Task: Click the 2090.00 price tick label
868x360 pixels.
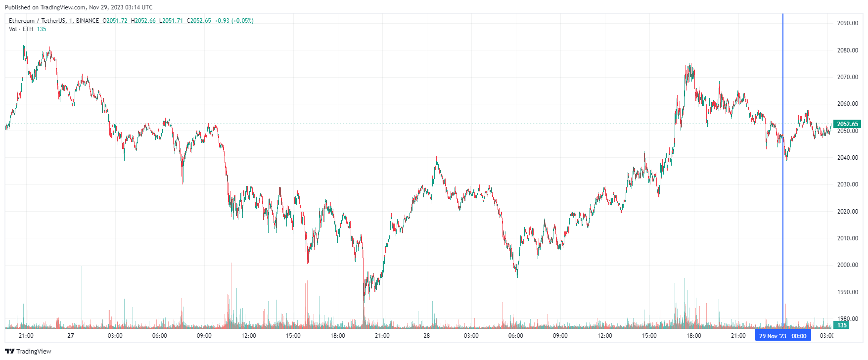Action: [847, 23]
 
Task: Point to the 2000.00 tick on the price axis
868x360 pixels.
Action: [847, 265]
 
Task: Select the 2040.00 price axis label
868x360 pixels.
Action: [847, 158]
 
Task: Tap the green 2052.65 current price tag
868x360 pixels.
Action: [847, 124]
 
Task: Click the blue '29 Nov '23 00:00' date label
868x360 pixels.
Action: [782, 336]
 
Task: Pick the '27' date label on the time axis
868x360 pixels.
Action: [71, 336]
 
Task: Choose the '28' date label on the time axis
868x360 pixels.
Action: [426, 336]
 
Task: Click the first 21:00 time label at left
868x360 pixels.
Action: [26, 336]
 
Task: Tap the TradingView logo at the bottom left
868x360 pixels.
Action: [28, 351]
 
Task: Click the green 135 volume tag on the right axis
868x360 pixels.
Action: [842, 325]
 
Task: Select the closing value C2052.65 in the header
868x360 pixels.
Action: [199, 21]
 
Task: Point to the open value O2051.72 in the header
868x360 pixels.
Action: [115, 21]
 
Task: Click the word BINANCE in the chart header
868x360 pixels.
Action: [88, 21]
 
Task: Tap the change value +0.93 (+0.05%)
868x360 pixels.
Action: [234, 21]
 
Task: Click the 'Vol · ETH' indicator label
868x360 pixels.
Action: [21, 29]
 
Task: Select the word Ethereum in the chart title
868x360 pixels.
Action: [22, 21]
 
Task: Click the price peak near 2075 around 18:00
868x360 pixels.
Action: [689, 64]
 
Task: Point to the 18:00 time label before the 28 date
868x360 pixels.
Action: [338, 336]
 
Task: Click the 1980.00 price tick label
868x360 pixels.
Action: [847, 318]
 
